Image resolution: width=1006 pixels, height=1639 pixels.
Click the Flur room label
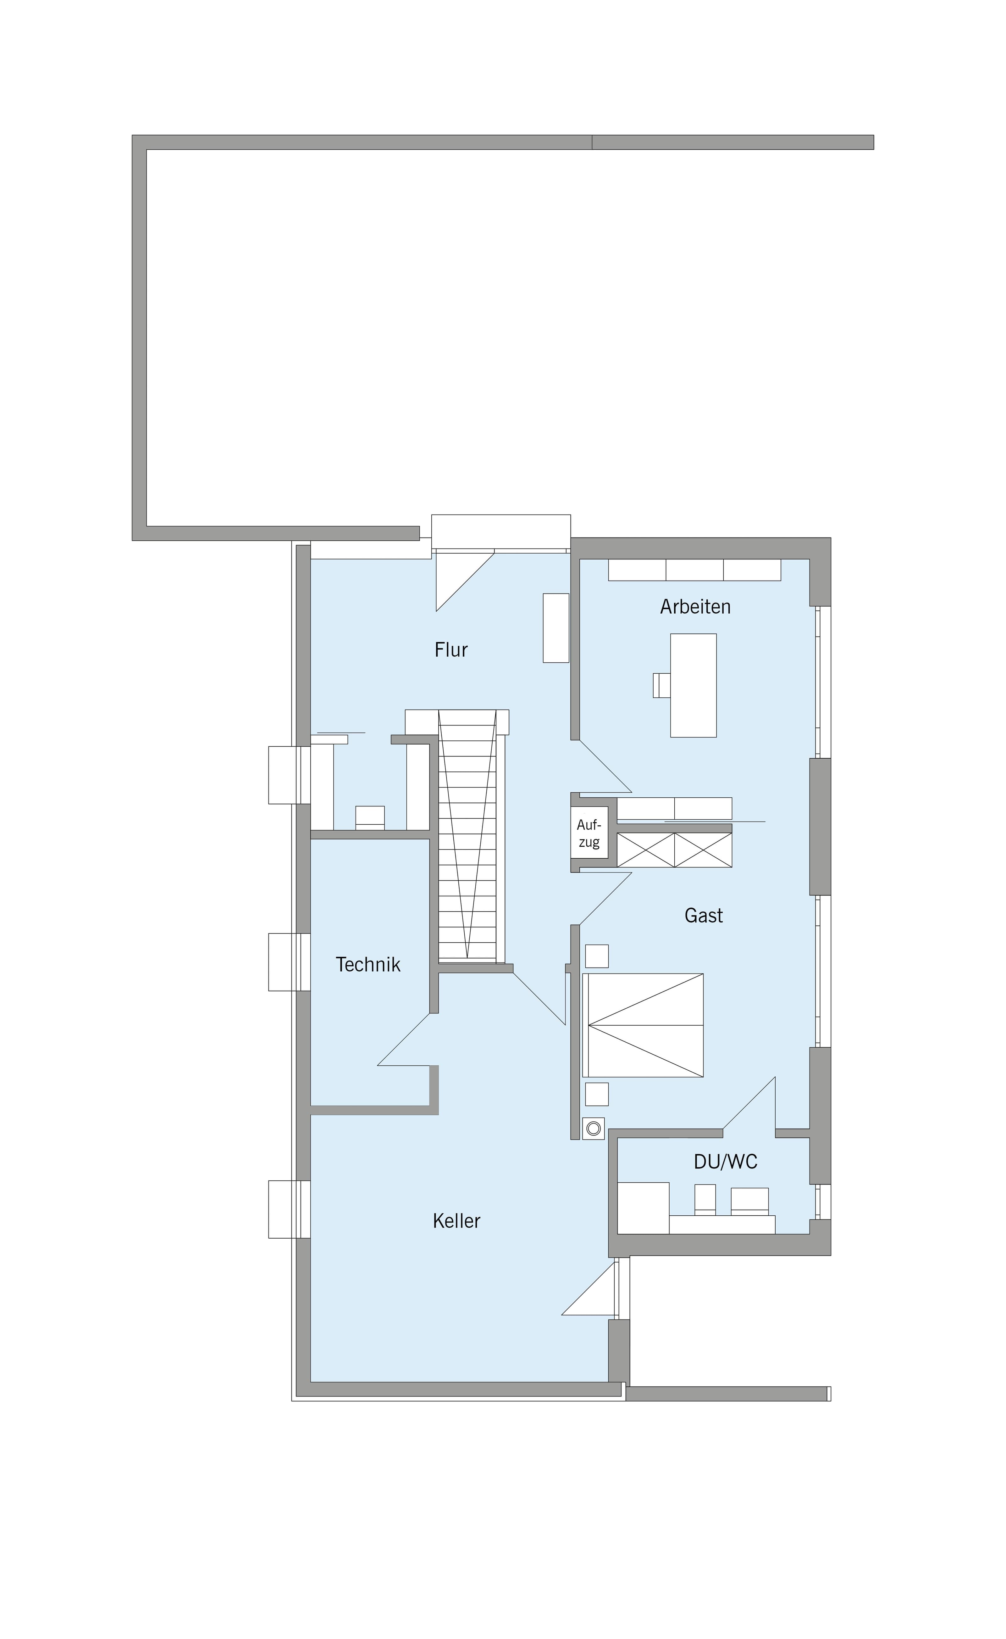(x=451, y=649)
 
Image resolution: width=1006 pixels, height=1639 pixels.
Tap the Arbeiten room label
(x=695, y=606)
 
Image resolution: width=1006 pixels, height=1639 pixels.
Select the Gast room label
(x=703, y=916)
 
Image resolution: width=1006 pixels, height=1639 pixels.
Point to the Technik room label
(x=368, y=964)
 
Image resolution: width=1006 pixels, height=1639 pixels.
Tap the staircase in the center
(x=467, y=836)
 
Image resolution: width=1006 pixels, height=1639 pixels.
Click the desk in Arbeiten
(x=693, y=685)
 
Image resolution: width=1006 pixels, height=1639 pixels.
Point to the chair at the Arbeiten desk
(x=661, y=685)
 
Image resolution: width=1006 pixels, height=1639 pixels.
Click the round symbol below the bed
(x=594, y=1129)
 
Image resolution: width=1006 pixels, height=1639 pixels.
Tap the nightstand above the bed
(x=597, y=956)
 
